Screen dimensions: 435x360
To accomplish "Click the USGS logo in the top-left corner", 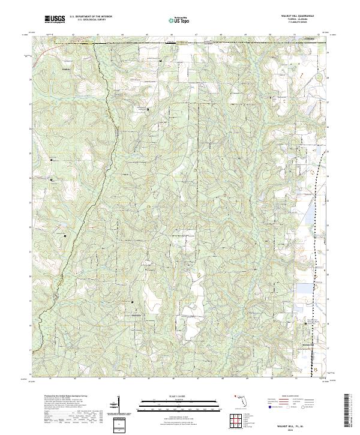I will (55, 20).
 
